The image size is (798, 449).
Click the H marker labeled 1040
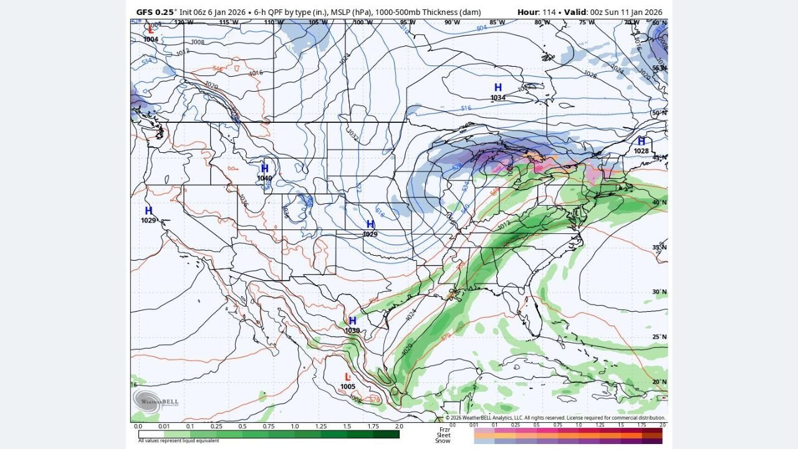click(x=265, y=168)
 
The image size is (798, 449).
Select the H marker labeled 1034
click(x=498, y=88)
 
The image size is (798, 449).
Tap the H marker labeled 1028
click(x=641, y=142)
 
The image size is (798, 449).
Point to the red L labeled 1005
click(x=348, y=377)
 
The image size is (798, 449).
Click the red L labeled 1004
click(x=150, y=30)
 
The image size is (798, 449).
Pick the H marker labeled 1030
click(x=352, y=321)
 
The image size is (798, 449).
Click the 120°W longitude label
click(x=183, y=22)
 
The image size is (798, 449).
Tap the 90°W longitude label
click(x=452, y=22)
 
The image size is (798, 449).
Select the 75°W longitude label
click(x=587, y=22)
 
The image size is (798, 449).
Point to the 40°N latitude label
click(x=660, y=203)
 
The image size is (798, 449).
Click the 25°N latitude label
click(x=660, y=337)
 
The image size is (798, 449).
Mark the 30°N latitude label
click(x=660, y=292)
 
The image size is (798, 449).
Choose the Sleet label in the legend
click(x=443, y=435)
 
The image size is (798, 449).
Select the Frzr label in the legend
click(x=444, y=430)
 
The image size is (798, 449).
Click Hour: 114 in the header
click(x=537, y=12)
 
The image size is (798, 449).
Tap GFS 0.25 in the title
click(x=156, y=12)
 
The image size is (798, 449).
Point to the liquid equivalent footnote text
click(x=178, y=441)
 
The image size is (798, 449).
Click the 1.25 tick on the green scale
click(x=320, y=427)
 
